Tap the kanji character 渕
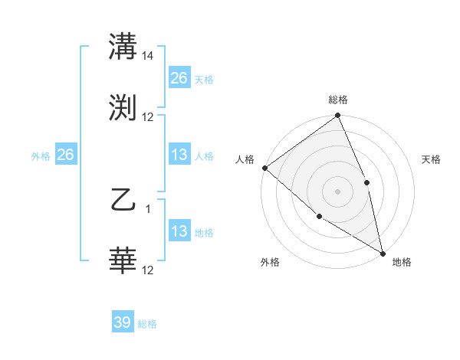pyautogui.click(x=123, y=107)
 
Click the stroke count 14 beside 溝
pyautogui.click(x=149, y=56)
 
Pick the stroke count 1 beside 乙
pyautogui.click(x=148, y=208)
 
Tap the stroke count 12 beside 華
pyautogui.click(x=148, y=270)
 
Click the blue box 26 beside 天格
pyautogui.click(x=179, y=78)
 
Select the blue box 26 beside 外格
pyautogui.click(x=65, y=155)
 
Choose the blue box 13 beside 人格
pyautogui.click(x=179, y=155)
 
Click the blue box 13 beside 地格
pyautogui.click(x=179, y=231)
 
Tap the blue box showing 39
pyautogui.click(x=123, y=322)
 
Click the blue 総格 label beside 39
pyautogui.click(x=147, y=324)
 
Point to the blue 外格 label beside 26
pyautogui.click(x=41, y=156)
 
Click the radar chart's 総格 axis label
pyautogui.click(x=338, y=100)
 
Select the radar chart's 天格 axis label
pyautogui.click(x=432, y=159)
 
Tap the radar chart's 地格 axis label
pyautogui.click(x=402, y=262)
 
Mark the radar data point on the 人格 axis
pyautogui.click(x=264, y=168)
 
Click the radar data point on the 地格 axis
pyautogui.click(x=382, y=252)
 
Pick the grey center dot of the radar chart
pyautogui.click(x=337, y=191)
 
